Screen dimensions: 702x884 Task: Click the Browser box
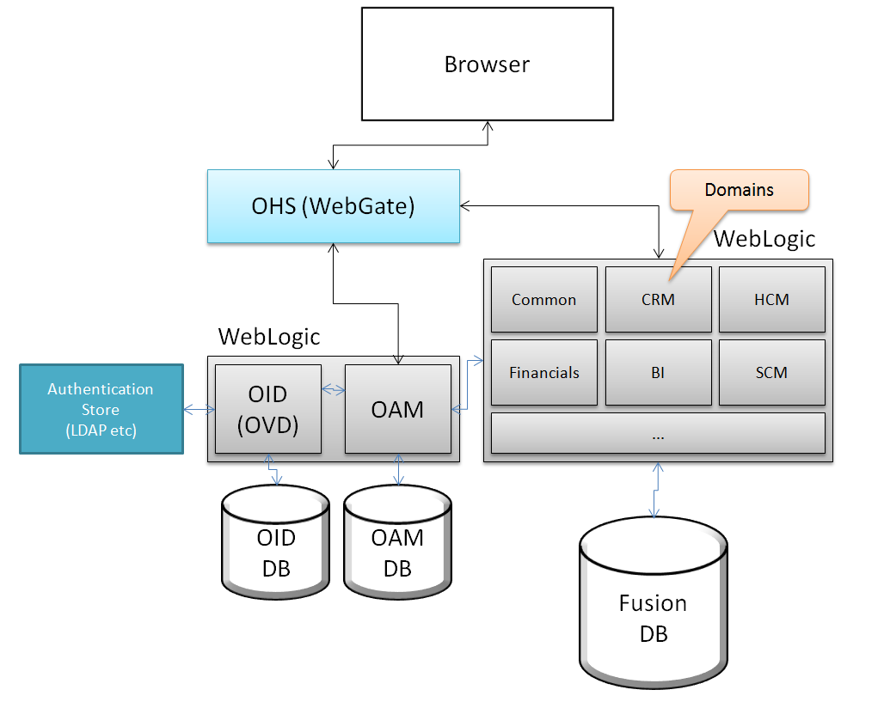point(487,64)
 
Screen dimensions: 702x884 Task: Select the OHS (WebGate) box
point(333,206)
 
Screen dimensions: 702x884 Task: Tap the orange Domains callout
point(739,190)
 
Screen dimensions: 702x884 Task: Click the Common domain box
point(543,299)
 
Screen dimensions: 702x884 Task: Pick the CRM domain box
point(658,299)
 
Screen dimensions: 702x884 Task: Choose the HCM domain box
point(771,299)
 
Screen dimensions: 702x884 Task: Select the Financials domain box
point(543,372)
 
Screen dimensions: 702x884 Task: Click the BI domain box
point(658,372)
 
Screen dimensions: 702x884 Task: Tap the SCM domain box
point(771,372)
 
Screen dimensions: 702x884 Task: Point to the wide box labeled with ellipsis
point(658,433)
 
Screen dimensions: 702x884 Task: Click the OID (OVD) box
point(267,409)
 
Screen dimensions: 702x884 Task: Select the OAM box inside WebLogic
point(397,409)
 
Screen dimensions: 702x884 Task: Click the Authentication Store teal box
point(101,409)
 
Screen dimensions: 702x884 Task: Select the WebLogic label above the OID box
point(268,336)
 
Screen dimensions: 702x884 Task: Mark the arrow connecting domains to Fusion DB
point(656,491)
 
